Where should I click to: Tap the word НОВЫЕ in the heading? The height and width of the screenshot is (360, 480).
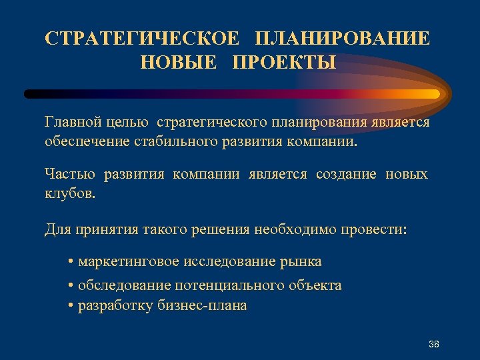click(179, 63)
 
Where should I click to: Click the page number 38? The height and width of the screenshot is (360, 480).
click(434, 344)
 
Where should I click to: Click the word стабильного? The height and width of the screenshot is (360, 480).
click(167, 142)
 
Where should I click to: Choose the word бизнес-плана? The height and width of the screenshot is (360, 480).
click(204, 306)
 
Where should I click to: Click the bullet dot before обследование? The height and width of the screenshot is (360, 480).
click(71, 286)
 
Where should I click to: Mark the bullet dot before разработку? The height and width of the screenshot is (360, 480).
click(71, 307)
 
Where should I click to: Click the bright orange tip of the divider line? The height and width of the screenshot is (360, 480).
click(433, 94)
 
